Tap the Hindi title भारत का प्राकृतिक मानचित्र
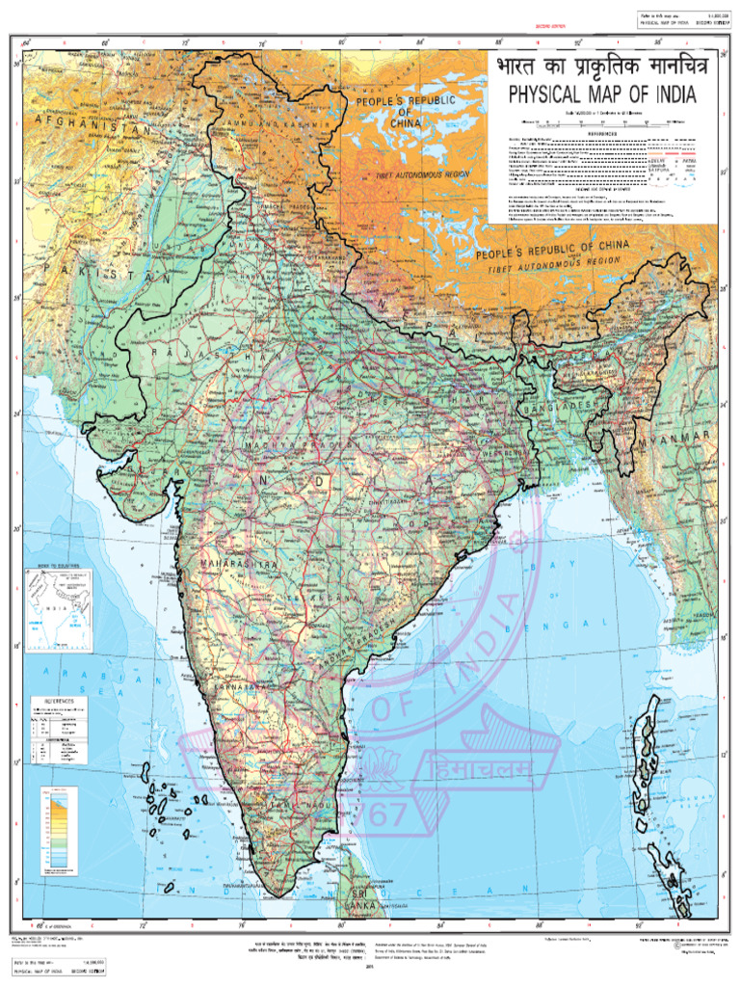tap(603, 69)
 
